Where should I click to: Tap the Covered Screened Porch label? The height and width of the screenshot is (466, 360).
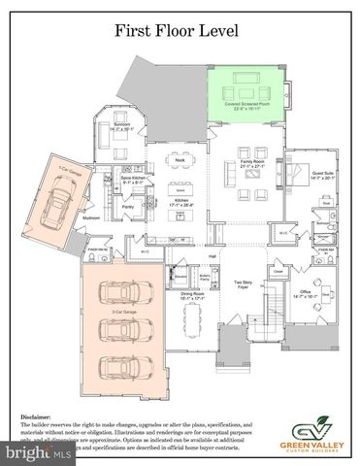(247, 104)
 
